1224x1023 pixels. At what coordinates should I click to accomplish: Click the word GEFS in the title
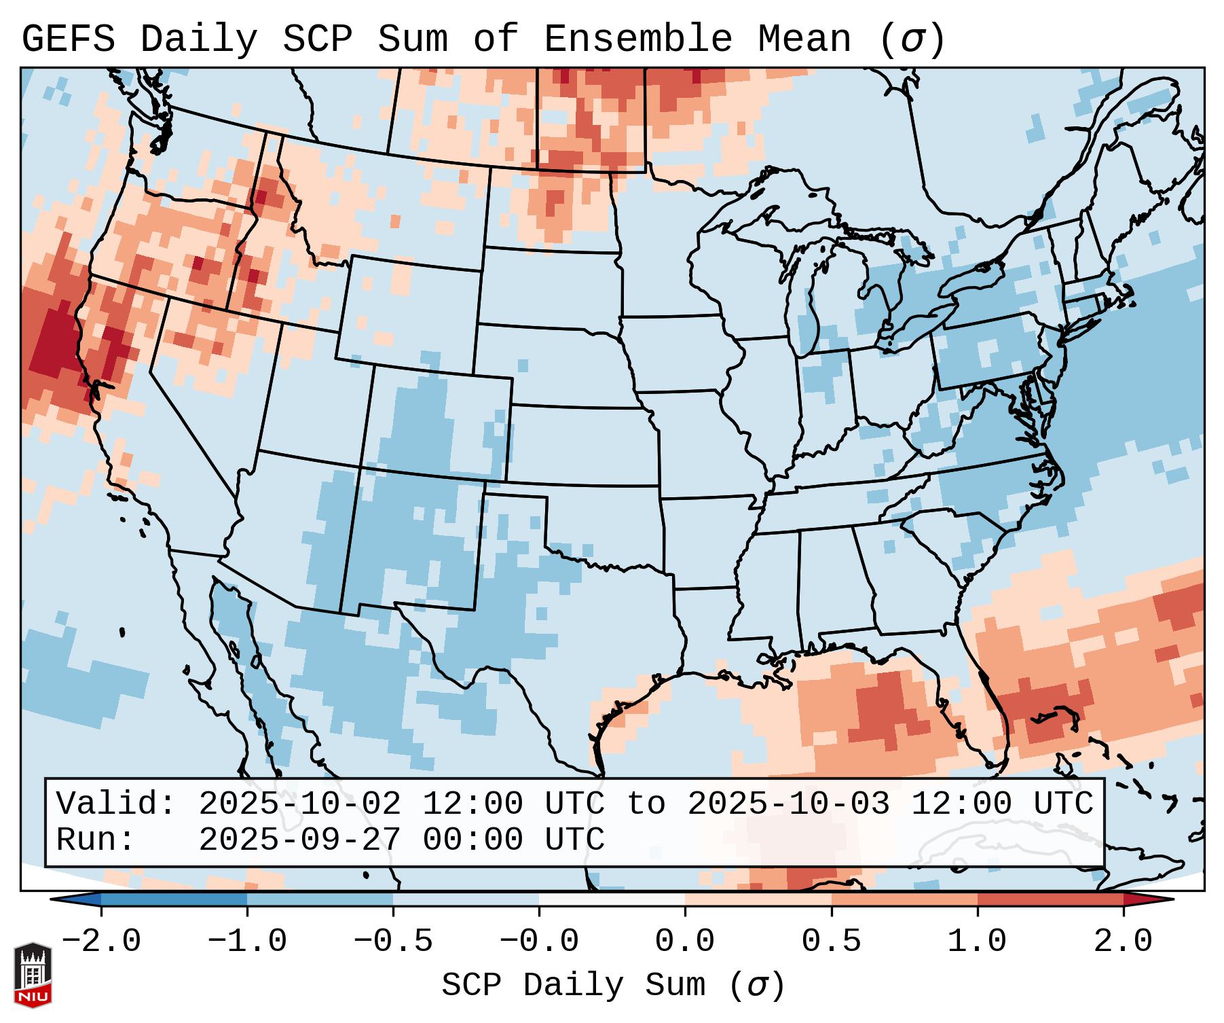click(69, 39)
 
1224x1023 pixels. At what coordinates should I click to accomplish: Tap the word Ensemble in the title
click(638, 39)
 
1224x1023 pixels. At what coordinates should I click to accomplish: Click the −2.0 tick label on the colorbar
click(101, 941)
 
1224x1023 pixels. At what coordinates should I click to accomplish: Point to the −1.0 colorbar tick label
click(247, 941)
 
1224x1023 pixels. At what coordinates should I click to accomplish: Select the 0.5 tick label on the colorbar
click(832, 941)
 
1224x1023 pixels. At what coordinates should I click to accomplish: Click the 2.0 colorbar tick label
click(1124, 941)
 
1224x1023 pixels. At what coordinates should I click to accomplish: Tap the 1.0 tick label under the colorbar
click(978, 941)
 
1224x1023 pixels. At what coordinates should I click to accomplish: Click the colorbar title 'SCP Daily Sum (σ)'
click(613, 985)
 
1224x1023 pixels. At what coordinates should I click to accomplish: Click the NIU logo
click(33, 975)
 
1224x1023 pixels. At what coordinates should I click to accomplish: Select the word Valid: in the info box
click(116, 804)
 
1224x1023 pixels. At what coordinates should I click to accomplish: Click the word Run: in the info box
click(96, 840)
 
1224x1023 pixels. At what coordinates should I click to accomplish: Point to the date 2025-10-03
click(788, 804)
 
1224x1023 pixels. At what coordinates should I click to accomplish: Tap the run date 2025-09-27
click(299, 840)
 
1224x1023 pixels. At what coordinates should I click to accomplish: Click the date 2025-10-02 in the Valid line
click(299, 804)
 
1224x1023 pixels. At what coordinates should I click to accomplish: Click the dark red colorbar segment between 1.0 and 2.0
click(1050, 899)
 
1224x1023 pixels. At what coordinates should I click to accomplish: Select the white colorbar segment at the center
click(612, 899)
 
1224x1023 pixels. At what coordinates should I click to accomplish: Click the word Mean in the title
click(804, 39)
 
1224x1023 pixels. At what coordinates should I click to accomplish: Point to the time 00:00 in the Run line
click(472, 840)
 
